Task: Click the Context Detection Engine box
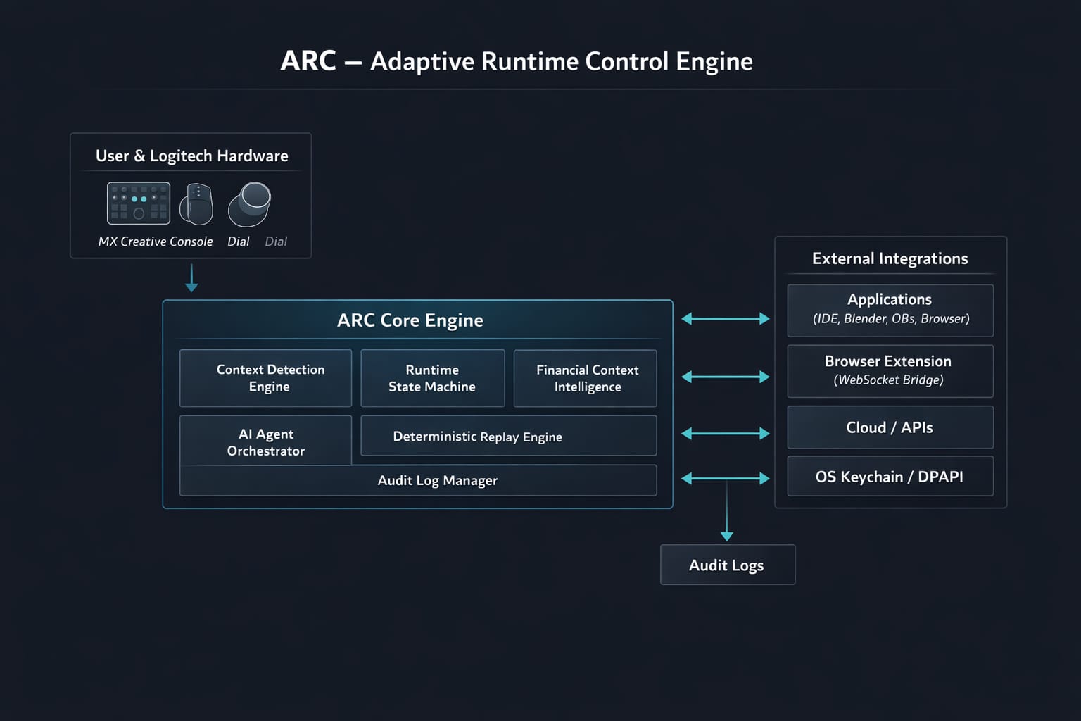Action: coord(265,378)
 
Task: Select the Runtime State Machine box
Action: coord(432,378)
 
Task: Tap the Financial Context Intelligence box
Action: coord(585,378)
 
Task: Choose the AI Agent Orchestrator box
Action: coord(265,441)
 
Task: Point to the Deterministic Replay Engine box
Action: coord(508,436)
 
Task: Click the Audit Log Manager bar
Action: coord(418,480)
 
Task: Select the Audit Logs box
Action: coord(727,565)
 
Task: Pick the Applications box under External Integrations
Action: coord(890,310)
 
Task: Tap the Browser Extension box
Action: coord(890,371)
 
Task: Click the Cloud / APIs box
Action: coord(890,427)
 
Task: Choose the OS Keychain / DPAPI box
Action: coord(890,477)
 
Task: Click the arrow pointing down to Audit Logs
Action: coord(727,514)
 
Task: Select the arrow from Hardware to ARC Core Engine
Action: coord(191,278)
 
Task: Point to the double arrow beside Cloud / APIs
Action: coord(726,434)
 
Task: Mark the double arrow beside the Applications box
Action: coord(726,319)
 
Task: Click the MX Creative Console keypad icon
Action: coord(138,203)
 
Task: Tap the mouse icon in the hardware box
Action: coord(196,204)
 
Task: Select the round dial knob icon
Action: coord(250,204)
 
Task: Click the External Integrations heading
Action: coord(890,258)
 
